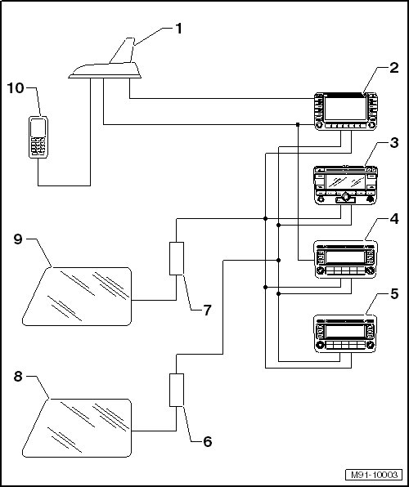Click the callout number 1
pos(178,29)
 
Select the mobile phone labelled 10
pos(38,137)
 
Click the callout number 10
pos(16,88)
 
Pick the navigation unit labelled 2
pos(345,111)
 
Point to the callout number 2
pos(393,68)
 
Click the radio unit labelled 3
pos(345,185)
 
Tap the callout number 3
pos(393,143)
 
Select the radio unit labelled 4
pos(345,259)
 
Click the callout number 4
pos(393,219)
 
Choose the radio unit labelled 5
pos(345,333)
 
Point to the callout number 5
pos(394,294)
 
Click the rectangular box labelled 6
pos(177,390)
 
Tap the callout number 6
pos(208,442)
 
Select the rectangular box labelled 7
pos(177,258)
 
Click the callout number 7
pos(208,310)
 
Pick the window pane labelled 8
pos(77,428)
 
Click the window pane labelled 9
pos(77,297)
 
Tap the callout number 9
pos(18,239)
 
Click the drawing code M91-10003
pos(374,475)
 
